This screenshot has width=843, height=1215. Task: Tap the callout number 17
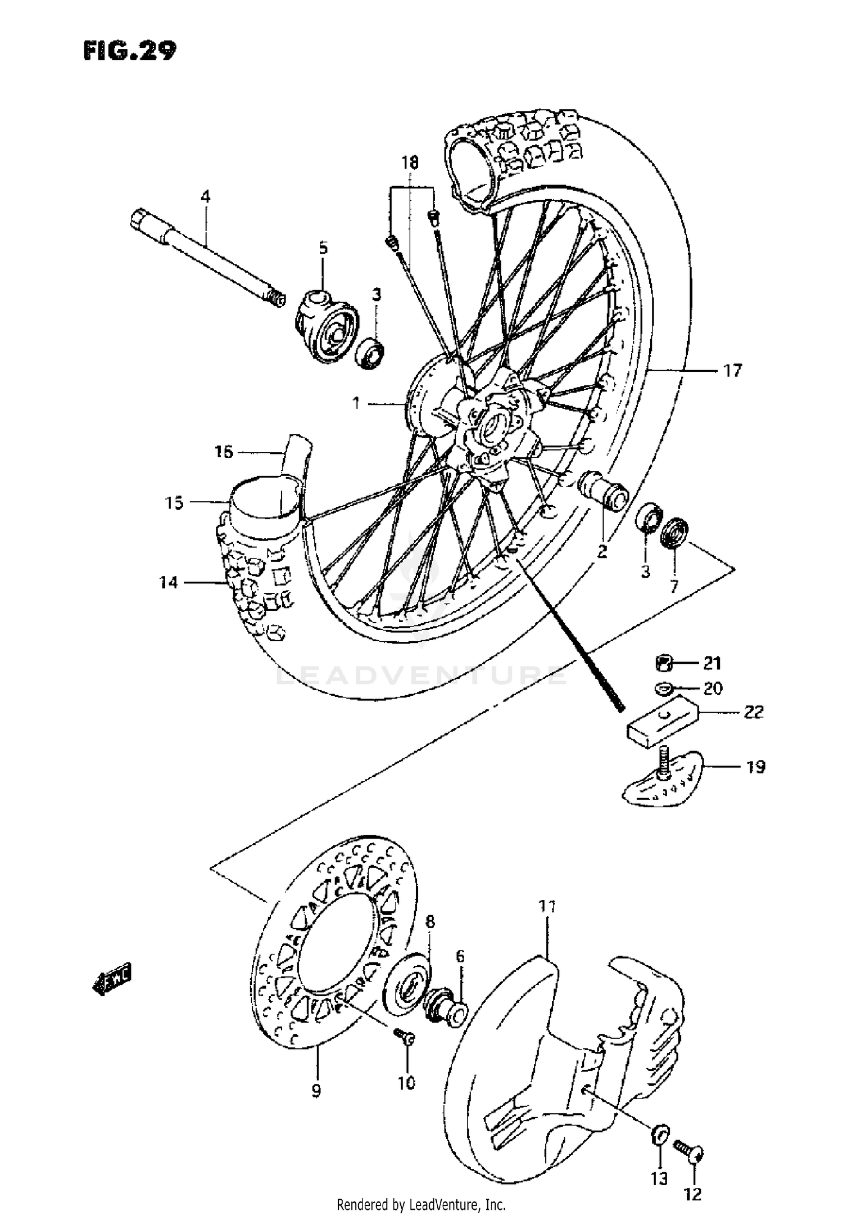732,371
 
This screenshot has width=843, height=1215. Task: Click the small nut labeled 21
664,663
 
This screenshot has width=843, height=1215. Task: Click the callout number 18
410,163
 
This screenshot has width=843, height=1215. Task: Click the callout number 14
168,583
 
